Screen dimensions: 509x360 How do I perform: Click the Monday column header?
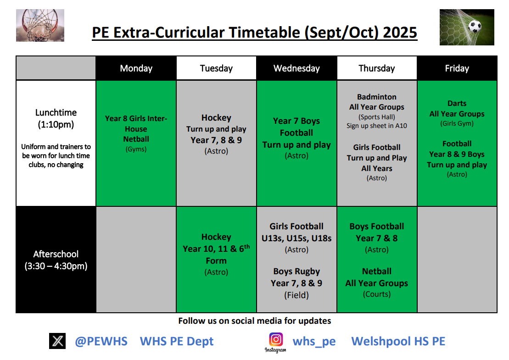point(136,68)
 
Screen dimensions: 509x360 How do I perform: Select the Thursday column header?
point(376,68)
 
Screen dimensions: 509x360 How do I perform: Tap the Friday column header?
point(457,68)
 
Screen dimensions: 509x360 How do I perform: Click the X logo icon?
point(57,341)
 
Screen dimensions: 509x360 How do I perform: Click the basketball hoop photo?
point(40,25)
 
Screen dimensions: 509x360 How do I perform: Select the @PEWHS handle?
point(101,341)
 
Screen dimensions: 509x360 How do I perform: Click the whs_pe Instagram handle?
point(314,342)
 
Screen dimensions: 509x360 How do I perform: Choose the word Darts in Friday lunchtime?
point(457,103)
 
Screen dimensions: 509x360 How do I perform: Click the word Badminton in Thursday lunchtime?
point(376,97)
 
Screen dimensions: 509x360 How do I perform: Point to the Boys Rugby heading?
point(296,271)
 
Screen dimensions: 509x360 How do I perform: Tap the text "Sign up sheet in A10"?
point(376,126)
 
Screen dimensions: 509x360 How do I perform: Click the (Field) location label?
point(296,295)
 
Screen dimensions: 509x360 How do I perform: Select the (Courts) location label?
point(376,294)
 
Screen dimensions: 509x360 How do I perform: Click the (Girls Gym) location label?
point(457,123)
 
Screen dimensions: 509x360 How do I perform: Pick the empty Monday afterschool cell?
point(136,260)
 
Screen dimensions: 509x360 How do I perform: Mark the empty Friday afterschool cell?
point(457,260)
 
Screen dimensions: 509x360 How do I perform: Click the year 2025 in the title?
point(400,33)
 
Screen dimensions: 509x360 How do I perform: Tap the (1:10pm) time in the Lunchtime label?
point(56,125)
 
